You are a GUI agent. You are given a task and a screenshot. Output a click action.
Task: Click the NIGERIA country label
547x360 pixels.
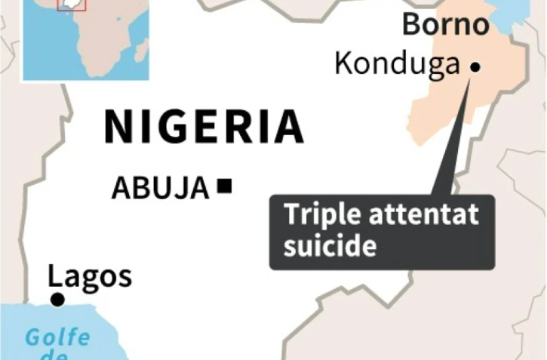pos(204,128)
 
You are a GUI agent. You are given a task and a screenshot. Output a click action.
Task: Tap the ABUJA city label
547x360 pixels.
pos(160,188)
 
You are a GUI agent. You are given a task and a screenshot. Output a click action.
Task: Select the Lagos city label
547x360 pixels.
pos(90,277)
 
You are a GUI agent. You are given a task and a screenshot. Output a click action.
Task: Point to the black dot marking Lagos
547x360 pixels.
pos(57,300)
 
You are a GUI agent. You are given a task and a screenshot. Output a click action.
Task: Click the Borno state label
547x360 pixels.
pos(445,24)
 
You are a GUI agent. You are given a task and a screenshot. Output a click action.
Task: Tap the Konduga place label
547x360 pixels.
pos(397,64)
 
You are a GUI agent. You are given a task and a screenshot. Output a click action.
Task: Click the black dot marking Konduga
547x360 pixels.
pos(475,68)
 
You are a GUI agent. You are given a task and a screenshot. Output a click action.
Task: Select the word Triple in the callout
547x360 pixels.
pos(320,216)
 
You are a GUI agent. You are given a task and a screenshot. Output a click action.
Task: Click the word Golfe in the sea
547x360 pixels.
pos(57,337)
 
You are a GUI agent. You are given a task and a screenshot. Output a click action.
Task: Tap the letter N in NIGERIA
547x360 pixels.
pos(118,128)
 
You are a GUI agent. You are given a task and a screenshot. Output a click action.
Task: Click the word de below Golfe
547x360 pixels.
pos(59,355)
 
